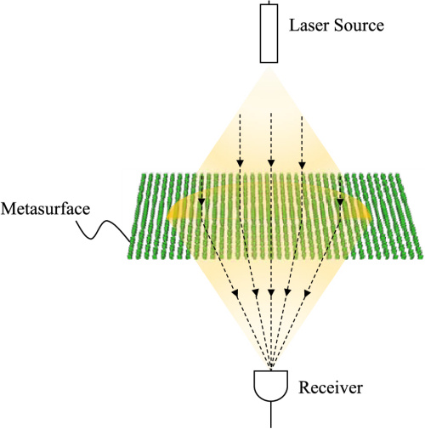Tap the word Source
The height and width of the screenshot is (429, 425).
click(x=358, y=25)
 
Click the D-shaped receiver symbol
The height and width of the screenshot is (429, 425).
click(x=271, y=386)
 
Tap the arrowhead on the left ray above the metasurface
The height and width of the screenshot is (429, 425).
click(x=240, y=163)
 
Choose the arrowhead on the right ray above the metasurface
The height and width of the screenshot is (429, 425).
click(x=302, y=163)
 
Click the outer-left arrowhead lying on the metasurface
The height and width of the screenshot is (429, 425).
click(x=201, y=201)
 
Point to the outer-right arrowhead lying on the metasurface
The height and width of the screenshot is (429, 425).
click(x=341, y=201)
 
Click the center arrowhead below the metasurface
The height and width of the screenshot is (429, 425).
click(x=270, y=294)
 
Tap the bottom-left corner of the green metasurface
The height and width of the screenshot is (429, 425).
click(x=130, y=257)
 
